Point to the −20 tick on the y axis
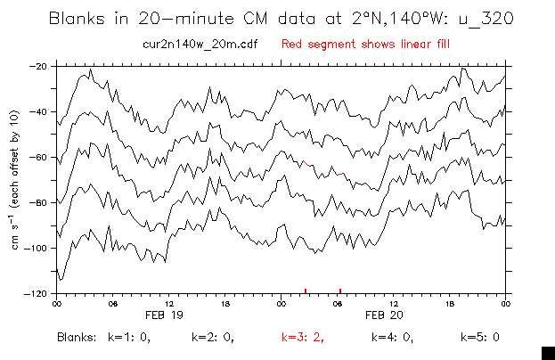click(38, 66)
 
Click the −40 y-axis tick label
click(38, 111)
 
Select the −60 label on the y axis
click(38, 157)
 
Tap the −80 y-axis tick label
click(38, 202)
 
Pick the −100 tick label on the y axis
click(37, 248)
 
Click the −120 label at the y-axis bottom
click(37, 293)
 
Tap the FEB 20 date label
click(393, 315)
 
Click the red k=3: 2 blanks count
click(302, 338)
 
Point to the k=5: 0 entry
click(479, 338)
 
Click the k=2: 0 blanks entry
click(213, 338)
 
